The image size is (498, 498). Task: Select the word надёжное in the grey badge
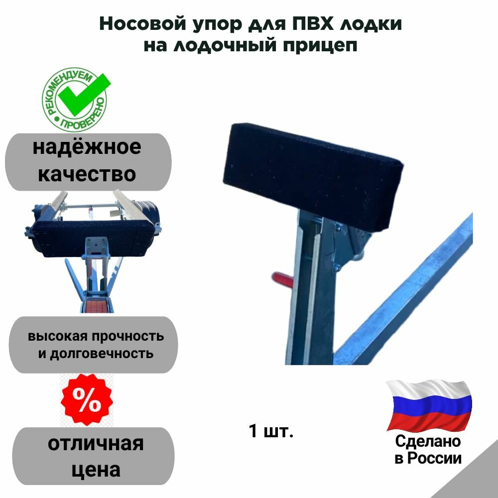point(87,147)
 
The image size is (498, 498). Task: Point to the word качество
point(87,174)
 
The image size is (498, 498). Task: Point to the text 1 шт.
point(271,431)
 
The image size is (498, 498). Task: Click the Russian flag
point(429,405)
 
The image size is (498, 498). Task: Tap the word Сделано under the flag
point(428,441)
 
